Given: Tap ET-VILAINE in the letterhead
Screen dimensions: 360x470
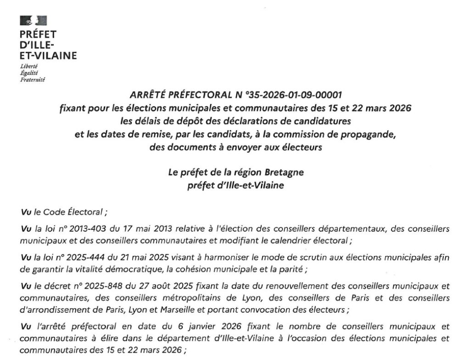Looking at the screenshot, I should [48, 56].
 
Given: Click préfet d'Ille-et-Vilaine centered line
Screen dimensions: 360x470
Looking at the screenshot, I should [236, 186].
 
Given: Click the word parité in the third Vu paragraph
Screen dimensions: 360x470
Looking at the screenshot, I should [287, 269].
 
